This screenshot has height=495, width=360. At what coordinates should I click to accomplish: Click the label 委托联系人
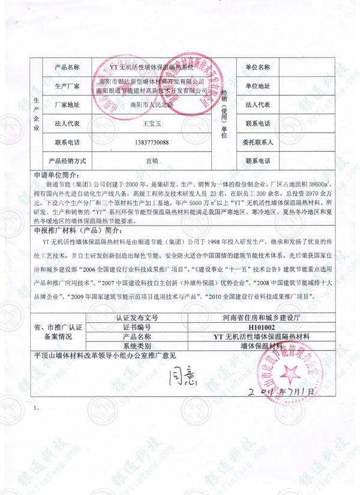coord(257,143)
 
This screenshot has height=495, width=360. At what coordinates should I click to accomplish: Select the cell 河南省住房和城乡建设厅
coord(257,317)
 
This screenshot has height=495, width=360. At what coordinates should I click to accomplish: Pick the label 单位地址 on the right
coord(257,86)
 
